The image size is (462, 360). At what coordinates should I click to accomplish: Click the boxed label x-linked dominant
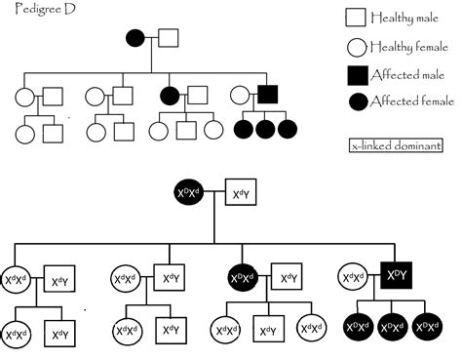395,147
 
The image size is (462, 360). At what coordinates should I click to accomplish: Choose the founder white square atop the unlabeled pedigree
168,39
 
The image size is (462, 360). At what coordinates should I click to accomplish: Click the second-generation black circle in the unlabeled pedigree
170,96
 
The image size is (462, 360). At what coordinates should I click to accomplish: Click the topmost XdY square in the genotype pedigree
241,195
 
